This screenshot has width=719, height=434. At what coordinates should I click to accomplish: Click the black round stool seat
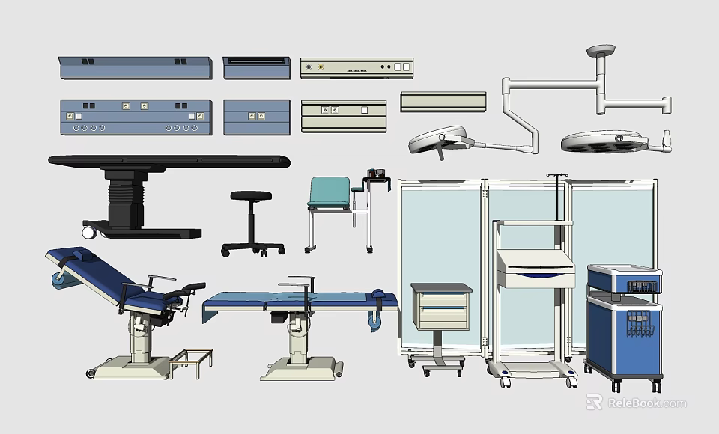[251, 196]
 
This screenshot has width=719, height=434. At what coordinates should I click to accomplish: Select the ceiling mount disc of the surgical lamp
[601, 51]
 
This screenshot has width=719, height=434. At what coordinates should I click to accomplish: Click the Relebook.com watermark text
[646, 403]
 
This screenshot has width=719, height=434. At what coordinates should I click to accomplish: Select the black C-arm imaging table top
[169, 159]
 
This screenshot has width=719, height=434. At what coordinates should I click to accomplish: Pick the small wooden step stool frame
[191, 362]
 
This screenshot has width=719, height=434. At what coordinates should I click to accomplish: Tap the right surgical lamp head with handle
[607, 140]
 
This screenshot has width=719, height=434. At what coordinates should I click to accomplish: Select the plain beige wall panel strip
[443, 101]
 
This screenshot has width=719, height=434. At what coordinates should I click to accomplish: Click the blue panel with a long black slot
[256, 67]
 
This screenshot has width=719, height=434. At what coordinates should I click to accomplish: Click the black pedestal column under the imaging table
[124, 198]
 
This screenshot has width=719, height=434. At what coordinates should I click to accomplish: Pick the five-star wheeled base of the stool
[253, 246]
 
